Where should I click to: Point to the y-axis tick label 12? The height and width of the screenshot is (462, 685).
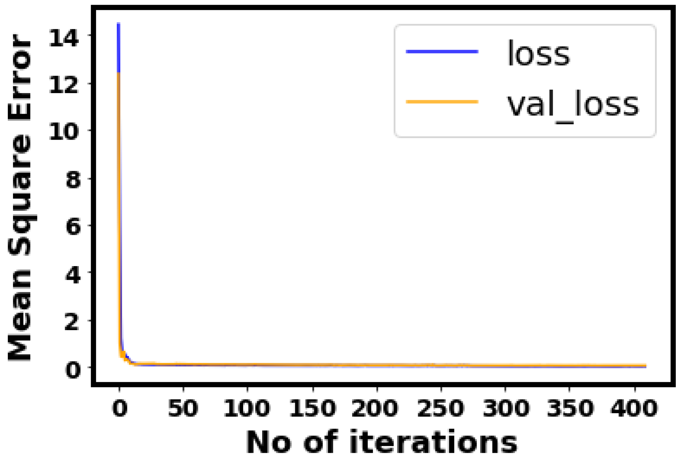pyautogui.click(x=64, y=84)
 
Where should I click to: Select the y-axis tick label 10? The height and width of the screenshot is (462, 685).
pyautogui.click(x=64, y=132)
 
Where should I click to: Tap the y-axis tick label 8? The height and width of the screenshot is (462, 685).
pyautogui.click(x=73, y=180)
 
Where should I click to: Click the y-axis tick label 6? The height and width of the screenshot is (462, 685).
pyautogui.click(x=73, y=226)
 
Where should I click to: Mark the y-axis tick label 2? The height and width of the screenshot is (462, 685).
pyautogui.click(x=73, y=321)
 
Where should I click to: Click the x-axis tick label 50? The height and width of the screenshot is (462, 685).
pyautogui.click(x=183, y=408)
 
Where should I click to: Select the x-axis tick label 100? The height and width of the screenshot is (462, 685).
pyautogui.click(x=247, y=408)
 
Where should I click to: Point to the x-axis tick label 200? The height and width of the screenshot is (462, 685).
pyautogui.click(x=375, y=408)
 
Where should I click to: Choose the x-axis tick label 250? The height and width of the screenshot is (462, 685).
pyautogui.click(x=441, y=408)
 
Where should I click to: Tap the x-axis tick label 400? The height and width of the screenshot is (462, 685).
pyautogui.click(x=634, y=408)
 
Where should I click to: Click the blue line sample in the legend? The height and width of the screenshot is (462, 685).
pyautogui.click(x=442, y=52)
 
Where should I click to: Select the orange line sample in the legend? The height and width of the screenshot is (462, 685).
pyautogui.click(x=442, y=102)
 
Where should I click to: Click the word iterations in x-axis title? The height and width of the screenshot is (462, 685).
pyautogui.click(x=433, y=442)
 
